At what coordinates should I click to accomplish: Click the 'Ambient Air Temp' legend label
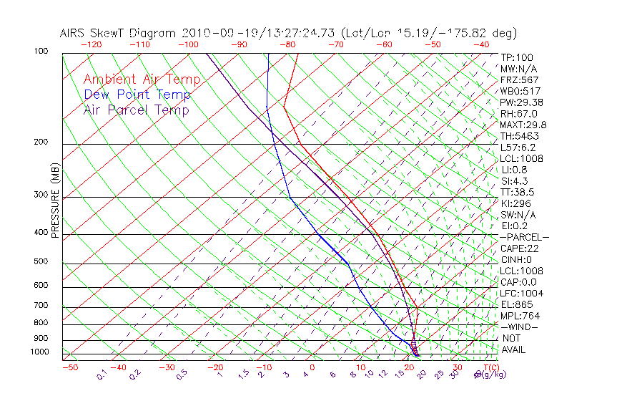142,79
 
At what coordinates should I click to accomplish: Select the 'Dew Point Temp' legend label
137,95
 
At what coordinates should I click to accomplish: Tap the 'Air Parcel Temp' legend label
137,110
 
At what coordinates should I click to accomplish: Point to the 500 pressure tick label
41,261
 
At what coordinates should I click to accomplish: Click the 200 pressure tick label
41,142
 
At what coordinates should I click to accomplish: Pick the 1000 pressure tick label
39,352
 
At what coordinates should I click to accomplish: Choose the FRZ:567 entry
519,79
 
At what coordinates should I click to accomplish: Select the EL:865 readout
516,304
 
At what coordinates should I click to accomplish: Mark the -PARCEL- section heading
524,237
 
